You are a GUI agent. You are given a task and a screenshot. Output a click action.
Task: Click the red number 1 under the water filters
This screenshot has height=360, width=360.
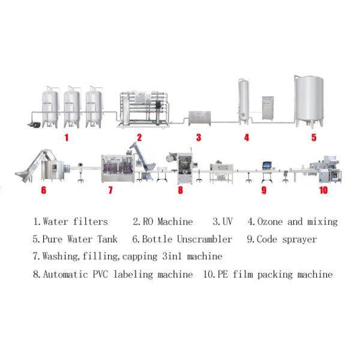click(67, 137)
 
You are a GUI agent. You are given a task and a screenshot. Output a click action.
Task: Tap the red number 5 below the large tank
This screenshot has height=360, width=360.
click(313, 137)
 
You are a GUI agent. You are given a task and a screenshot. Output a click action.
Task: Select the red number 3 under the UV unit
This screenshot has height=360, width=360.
click(199, 137)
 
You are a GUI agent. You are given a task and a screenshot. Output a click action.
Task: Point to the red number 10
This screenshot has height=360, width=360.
click(323, 191)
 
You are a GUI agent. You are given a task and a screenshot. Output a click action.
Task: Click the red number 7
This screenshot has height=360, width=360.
click(110, 191)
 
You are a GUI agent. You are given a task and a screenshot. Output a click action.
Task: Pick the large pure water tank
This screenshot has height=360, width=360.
click(308, 99)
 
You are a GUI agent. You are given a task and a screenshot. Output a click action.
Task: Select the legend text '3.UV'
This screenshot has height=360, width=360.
click(224, 222)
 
